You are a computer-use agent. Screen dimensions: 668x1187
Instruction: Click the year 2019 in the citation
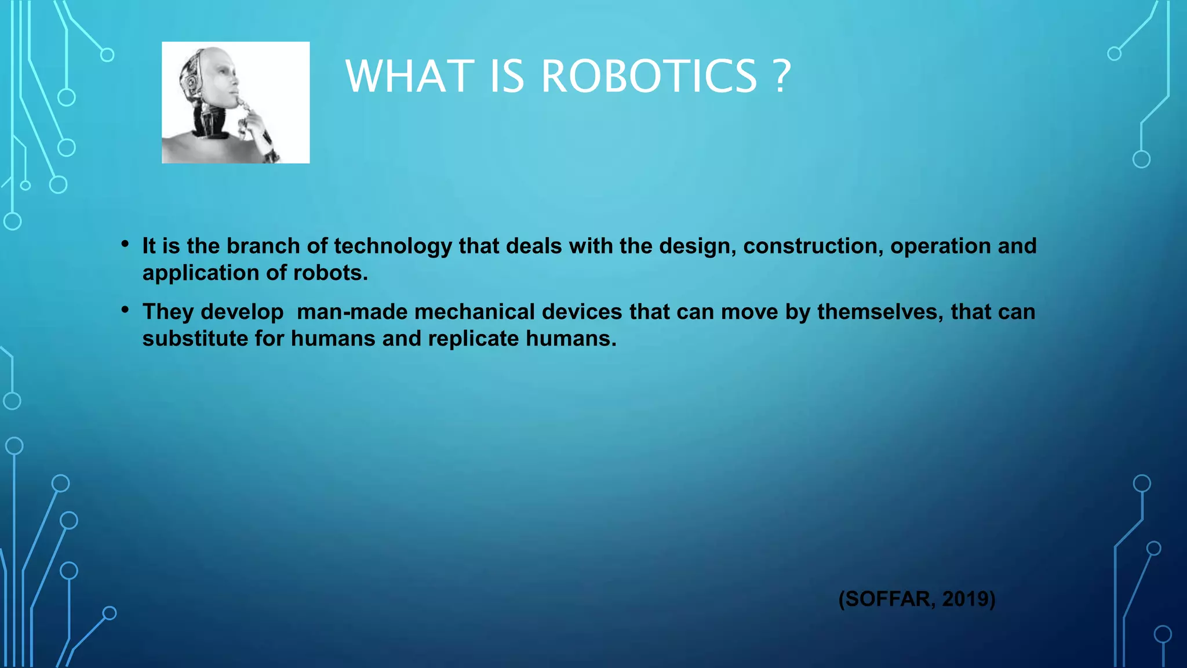click(964, 598)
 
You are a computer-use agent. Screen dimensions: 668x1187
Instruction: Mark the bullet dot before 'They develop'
click(125, 310)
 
